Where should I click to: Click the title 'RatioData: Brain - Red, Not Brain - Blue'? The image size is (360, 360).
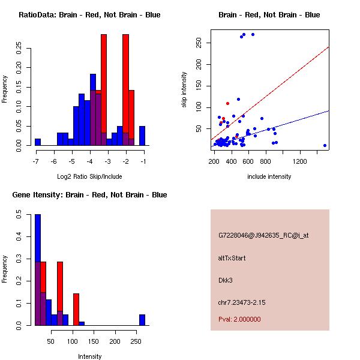(89, 15)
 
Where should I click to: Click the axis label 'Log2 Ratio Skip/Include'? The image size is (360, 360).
(89, 176)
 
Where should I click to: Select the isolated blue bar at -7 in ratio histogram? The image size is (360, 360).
(38, 142)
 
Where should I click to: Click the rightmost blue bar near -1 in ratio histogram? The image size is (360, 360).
(142, 136)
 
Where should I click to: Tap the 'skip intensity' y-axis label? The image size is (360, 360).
(184, 90)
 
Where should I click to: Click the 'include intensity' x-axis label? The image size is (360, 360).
(269, 176)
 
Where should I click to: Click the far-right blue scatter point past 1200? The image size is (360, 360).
(325, 145)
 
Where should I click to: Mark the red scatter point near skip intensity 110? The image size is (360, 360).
(227, 103)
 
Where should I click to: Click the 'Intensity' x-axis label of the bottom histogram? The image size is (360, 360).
(89, 356)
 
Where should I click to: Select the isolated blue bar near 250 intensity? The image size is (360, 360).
(142, 319)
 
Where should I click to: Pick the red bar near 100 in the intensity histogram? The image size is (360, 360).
(76, 309)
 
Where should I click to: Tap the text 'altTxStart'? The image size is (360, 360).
(232, 258)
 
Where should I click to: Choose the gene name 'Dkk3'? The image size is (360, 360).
(225, 280)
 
